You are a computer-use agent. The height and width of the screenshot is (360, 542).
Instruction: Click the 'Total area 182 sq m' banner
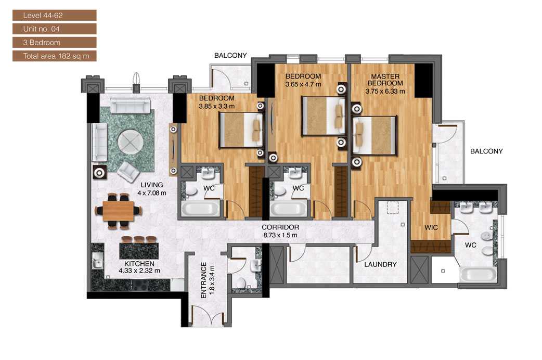click(x=54, y=56)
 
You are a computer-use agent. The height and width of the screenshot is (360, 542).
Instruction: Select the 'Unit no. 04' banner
click(x=54, y=29)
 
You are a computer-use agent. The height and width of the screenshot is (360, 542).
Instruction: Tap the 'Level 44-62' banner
click(x=54, y=15)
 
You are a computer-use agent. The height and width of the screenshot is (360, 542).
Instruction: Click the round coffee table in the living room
click(x=128, y=140)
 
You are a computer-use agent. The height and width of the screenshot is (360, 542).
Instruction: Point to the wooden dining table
click(x=118, y=210)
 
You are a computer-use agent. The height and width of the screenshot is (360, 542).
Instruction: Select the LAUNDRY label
click(x=380, y=264)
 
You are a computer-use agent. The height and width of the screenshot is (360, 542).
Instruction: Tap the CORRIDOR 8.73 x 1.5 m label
click(x=280, y=231)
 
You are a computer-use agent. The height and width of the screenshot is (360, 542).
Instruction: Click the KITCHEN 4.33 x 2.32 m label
click(x=139, y=267)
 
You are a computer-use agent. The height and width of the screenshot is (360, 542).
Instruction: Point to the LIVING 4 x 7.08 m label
click(x=151, y=189)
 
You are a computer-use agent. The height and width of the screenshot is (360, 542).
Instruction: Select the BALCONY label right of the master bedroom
click(x=486, y=151)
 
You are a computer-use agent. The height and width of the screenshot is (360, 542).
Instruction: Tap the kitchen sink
click(x=96, y=260)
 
